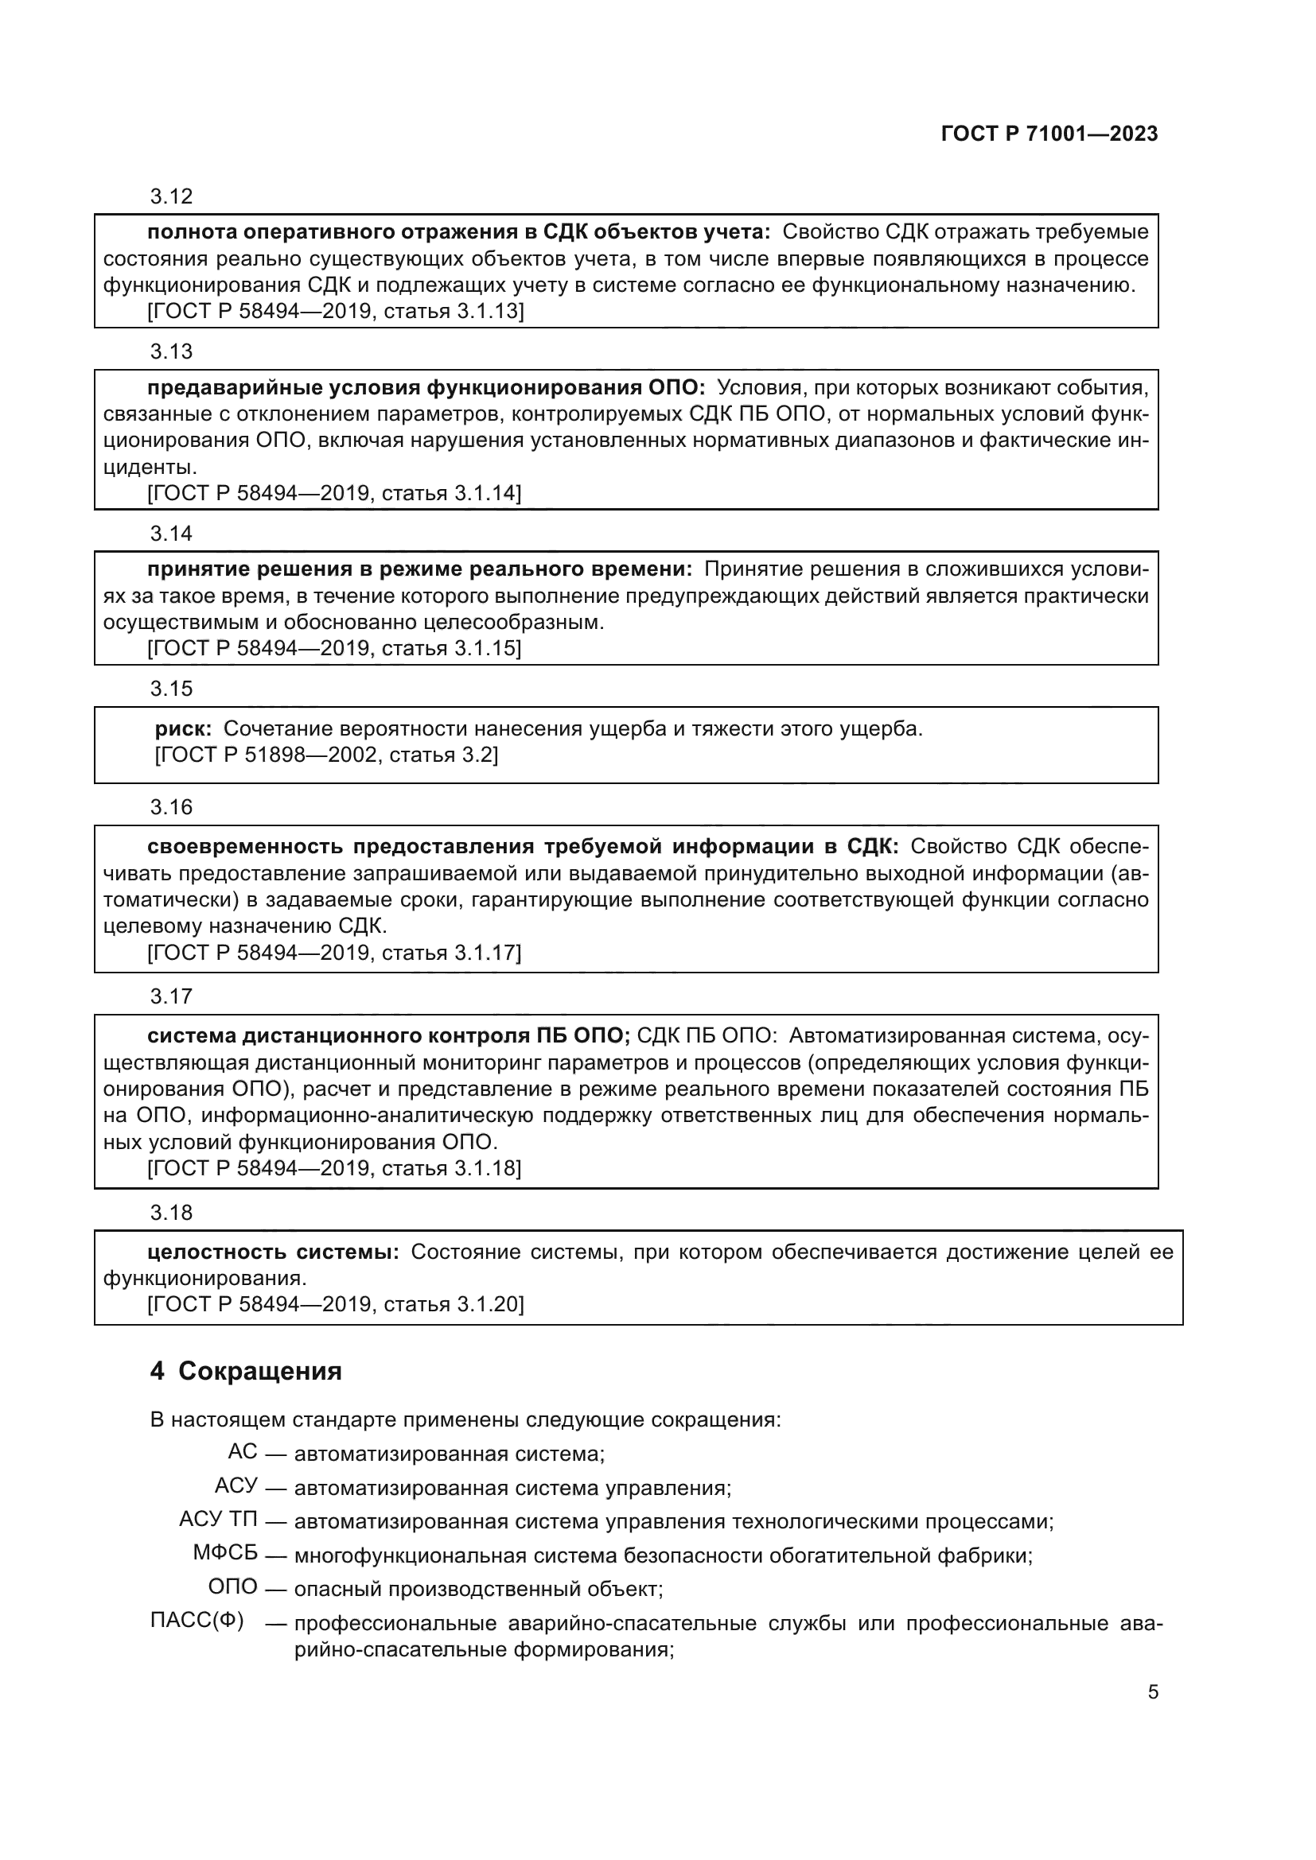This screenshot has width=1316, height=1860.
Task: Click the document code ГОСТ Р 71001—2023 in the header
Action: (1049, 134)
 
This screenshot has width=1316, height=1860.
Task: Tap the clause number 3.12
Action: (171, 197)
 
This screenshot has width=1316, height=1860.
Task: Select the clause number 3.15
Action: (171, 689)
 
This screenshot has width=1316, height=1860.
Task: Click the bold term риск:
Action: (183, 729)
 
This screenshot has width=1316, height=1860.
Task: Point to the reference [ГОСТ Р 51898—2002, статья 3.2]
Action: (325, 755)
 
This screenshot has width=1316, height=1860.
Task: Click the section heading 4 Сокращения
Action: (246, 1372)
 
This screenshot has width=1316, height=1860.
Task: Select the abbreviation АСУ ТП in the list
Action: (218, 1520)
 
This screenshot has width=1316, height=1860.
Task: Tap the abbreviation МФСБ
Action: (225, 1553)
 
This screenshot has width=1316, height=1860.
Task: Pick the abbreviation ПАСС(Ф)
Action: (197, 1621)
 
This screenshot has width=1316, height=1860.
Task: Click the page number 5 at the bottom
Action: (1152, 1692)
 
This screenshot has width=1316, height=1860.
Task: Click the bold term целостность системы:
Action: (273, 1252)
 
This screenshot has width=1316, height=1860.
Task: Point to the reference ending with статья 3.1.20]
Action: (336, 1304)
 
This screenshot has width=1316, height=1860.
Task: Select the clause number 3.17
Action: (171, 996)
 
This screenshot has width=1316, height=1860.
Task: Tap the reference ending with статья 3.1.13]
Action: (336, 312)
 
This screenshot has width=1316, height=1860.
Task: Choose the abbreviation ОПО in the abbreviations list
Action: (232, 1587)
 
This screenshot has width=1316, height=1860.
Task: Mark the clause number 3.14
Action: (171, 534)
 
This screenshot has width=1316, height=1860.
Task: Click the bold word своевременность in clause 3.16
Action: (243, 848)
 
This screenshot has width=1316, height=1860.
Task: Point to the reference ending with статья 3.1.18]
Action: (334, 1168)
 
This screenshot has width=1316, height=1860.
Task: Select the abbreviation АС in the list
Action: (243, 1452)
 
